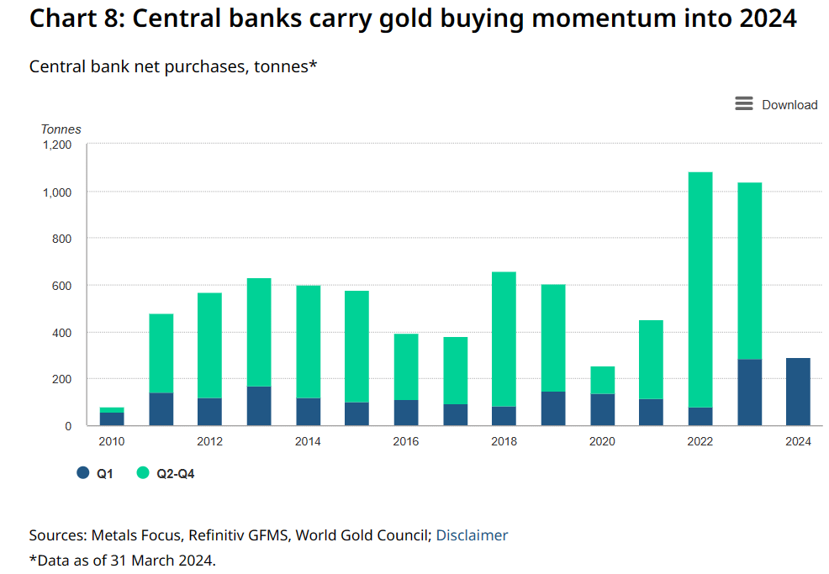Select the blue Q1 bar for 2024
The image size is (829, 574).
pos(798,392)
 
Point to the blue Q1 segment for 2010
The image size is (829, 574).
pos(112,419)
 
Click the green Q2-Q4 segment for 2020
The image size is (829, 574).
pos(602,380)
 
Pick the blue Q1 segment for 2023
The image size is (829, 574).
pos(749,392)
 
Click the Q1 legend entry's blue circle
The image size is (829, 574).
pos(82,473)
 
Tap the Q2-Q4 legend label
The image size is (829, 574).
pos(175,474)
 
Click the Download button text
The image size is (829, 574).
pos(789,105)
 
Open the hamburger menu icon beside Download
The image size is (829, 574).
pos(743,103)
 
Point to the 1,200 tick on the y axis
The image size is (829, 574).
pos(58,145)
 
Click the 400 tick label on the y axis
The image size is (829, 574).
pos(62,333)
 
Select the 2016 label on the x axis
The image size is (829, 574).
pos(405,442)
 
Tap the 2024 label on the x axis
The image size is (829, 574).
pos(798,442)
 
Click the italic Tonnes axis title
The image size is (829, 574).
pos(61,129)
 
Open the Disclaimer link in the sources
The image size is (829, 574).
pos(472,535)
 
